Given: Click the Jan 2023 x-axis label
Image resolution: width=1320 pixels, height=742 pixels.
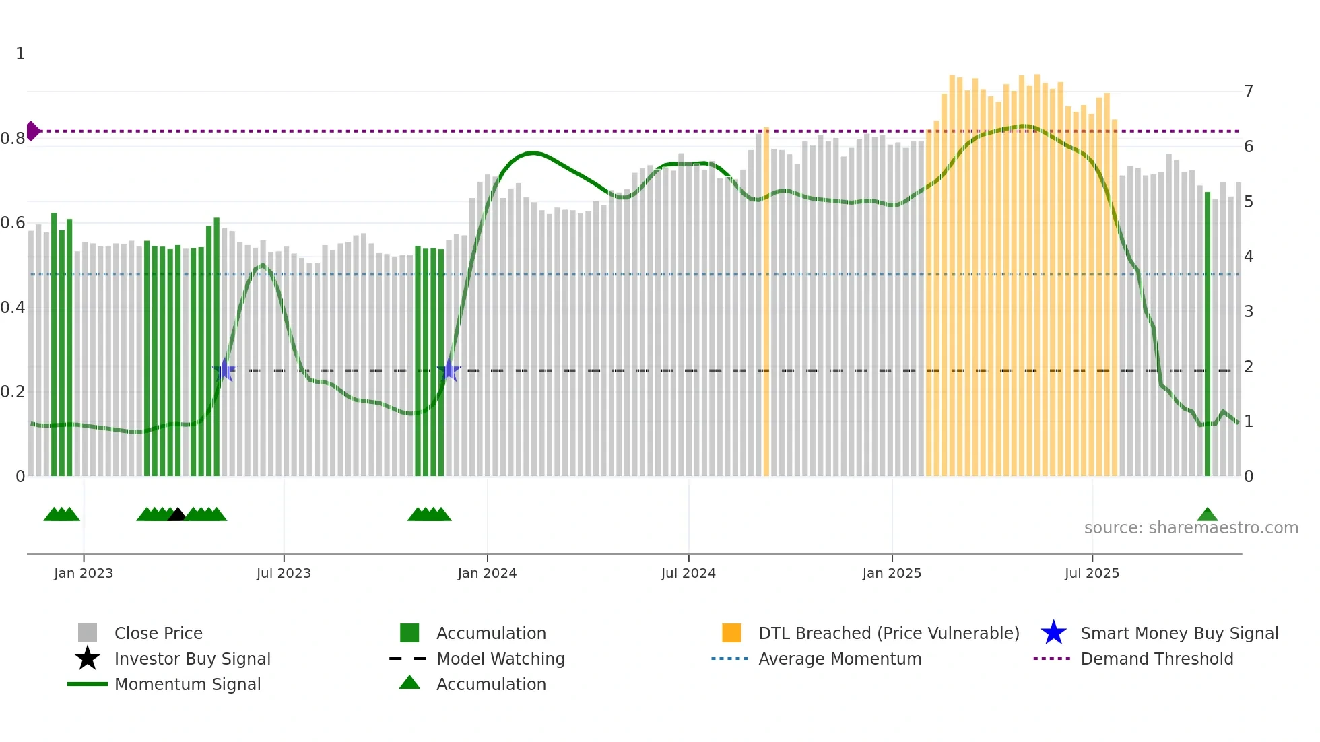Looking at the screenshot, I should point(84,573).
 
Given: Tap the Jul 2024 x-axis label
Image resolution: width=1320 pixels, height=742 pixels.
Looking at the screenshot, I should point(688,573).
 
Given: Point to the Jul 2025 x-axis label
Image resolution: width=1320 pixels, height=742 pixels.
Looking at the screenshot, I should point(1092,573).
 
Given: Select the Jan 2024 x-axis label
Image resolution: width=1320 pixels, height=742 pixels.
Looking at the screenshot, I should point(487,573).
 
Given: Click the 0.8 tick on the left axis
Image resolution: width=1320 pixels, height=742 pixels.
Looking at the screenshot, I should point(13,139).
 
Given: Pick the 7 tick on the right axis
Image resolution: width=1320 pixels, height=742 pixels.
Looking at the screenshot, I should point(1249,91).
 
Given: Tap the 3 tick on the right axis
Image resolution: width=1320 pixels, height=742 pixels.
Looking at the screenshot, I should point(1249,311).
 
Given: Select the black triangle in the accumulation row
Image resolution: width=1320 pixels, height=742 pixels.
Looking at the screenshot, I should point(176,515).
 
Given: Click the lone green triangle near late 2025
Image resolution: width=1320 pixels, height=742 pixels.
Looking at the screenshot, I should point(1208,515).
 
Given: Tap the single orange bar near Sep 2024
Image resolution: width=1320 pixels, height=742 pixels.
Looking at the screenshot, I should point(766,303).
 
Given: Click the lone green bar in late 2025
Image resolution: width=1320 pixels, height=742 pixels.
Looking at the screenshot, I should point(1208,337).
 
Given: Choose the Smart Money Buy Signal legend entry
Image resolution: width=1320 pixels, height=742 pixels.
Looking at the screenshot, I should point(1179,633).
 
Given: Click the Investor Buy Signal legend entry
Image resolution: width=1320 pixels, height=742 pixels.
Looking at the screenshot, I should point(192,659).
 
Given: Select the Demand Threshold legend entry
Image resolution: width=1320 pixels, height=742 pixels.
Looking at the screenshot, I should point(1156,659).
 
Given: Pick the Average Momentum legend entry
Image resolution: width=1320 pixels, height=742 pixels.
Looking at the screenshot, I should point(839,659).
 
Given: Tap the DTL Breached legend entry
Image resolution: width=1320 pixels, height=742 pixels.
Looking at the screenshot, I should point(888,633).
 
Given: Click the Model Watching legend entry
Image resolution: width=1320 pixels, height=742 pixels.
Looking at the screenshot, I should point(500,659).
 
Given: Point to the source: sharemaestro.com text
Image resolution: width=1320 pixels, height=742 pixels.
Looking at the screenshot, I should point(1191,527).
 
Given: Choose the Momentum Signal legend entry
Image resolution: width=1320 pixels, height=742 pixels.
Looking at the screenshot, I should point(187,684).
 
